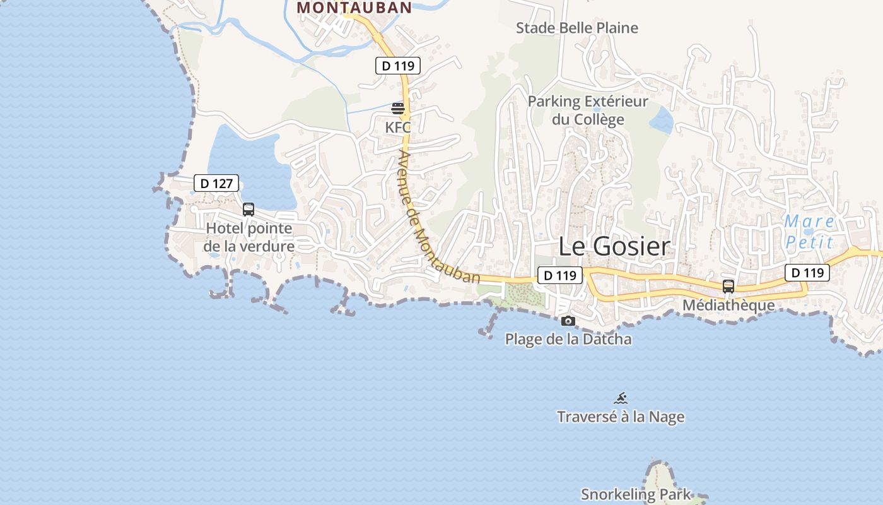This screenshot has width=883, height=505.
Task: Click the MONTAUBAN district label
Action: (354, 8)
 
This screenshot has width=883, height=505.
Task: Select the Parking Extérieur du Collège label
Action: (588, 110)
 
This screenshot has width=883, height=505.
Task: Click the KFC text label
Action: (398, 127)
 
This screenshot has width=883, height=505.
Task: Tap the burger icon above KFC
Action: (398, 109)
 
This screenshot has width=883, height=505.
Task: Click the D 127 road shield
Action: (216, 184)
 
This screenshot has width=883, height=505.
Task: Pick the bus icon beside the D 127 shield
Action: (249, 210)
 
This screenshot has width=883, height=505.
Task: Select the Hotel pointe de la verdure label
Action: (249, 237)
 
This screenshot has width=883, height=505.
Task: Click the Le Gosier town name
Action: (614, 247)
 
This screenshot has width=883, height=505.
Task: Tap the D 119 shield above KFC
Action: (397, 65)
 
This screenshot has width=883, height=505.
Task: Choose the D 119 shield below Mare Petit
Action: (807, 273)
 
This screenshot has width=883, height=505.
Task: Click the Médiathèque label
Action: (728, 306)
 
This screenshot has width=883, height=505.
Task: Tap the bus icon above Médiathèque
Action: (728, 286)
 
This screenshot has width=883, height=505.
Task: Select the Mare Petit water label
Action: (810, 232)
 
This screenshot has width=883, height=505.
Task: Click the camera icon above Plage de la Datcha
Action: (568, 321)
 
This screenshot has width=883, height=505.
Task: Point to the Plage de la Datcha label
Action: (568, 339)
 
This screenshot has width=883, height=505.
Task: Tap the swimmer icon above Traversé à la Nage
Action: (621, 398)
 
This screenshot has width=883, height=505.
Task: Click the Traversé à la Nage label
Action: (621, 417)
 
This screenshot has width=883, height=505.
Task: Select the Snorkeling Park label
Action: (636, 494)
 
